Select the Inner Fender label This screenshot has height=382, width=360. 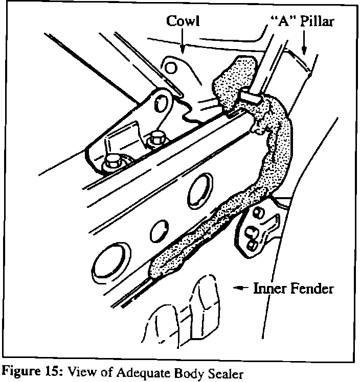(294, 289)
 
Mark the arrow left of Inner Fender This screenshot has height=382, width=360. (241, 289)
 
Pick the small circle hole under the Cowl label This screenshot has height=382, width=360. (172, 68)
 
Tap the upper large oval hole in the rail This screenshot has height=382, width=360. (200, 184)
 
